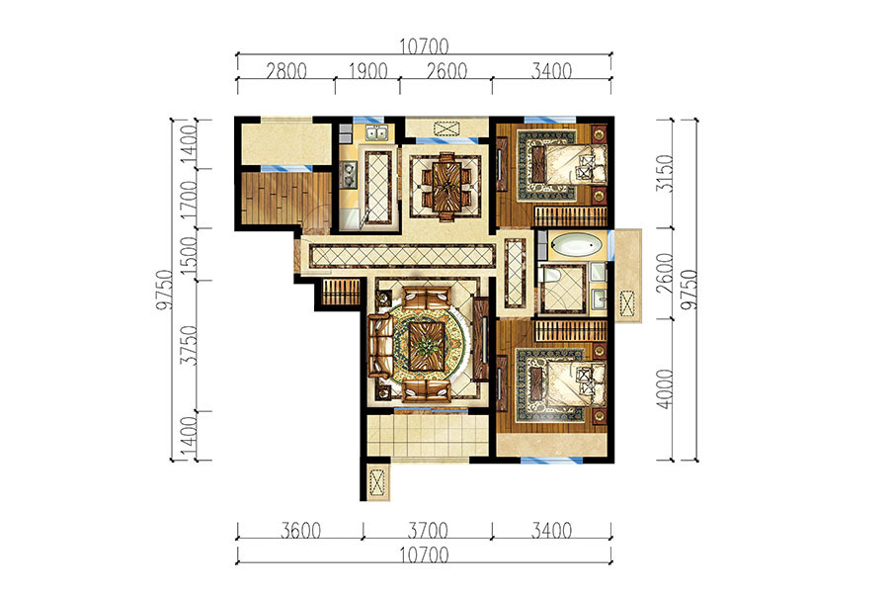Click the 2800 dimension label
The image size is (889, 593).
[286, 71]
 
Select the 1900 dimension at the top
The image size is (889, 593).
[368, 71]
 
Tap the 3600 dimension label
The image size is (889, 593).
[300, 531]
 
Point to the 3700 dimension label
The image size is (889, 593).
[428, 531]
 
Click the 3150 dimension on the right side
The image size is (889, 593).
[665, 173]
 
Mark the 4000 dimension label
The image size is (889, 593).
[665, 388]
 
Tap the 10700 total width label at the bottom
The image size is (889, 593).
[424, 554]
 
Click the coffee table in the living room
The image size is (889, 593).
[424, 346]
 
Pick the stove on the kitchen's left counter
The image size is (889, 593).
[349, 174]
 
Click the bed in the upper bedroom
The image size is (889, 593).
[569, 163]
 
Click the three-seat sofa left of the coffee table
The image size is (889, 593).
[381, 346]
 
